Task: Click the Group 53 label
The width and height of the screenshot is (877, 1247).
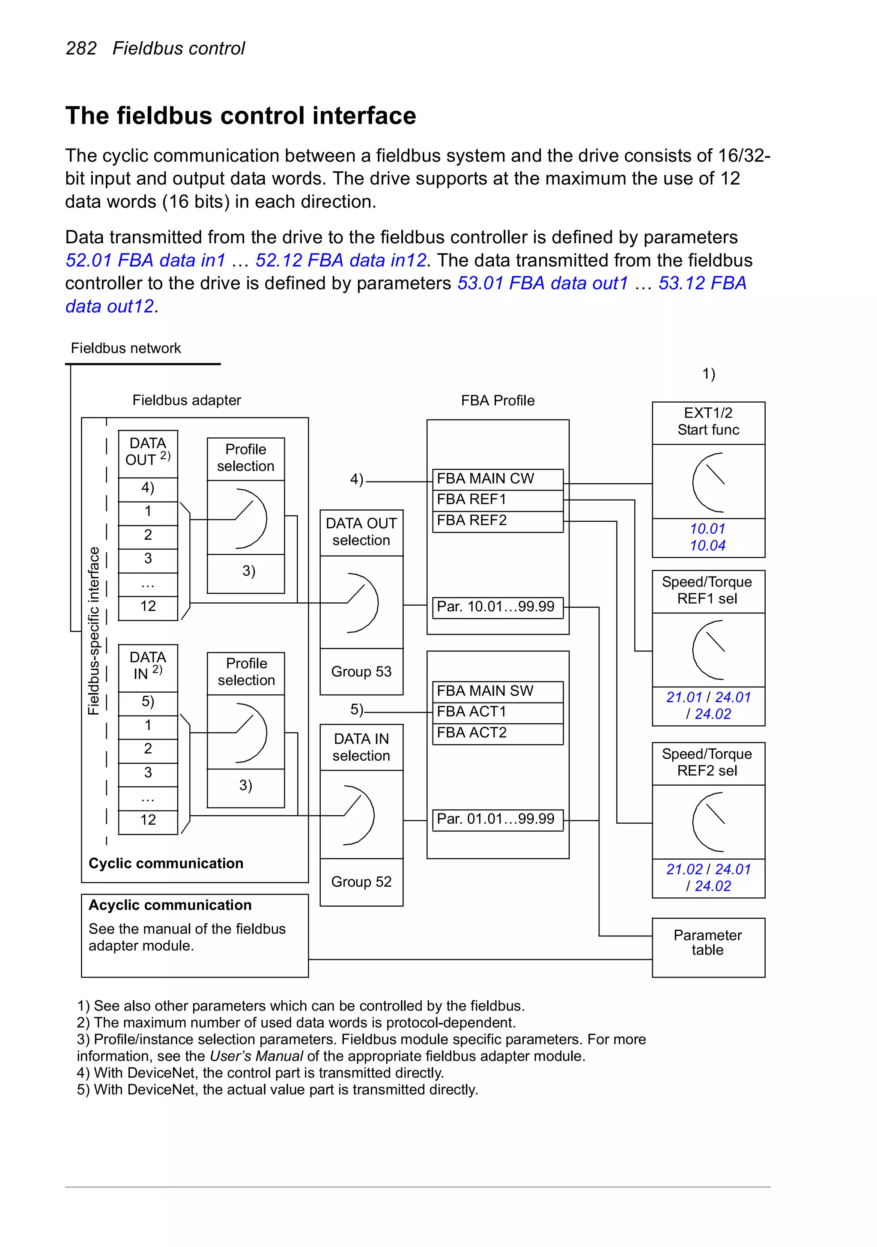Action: point(361,672)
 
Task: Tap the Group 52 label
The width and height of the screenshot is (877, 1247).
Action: point(361,882)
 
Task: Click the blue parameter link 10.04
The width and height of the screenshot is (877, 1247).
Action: point(707,546)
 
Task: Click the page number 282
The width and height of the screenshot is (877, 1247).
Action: point(81,49)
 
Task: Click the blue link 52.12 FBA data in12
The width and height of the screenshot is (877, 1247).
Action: point(340,261)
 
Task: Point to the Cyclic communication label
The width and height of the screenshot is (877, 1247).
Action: point(166,864)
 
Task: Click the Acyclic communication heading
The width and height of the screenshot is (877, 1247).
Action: point(170,906)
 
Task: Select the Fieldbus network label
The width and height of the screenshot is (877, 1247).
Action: point(125,348)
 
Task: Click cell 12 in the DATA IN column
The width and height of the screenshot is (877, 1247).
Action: point(148,820)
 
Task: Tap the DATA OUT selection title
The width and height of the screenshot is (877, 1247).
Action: point(361,532)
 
